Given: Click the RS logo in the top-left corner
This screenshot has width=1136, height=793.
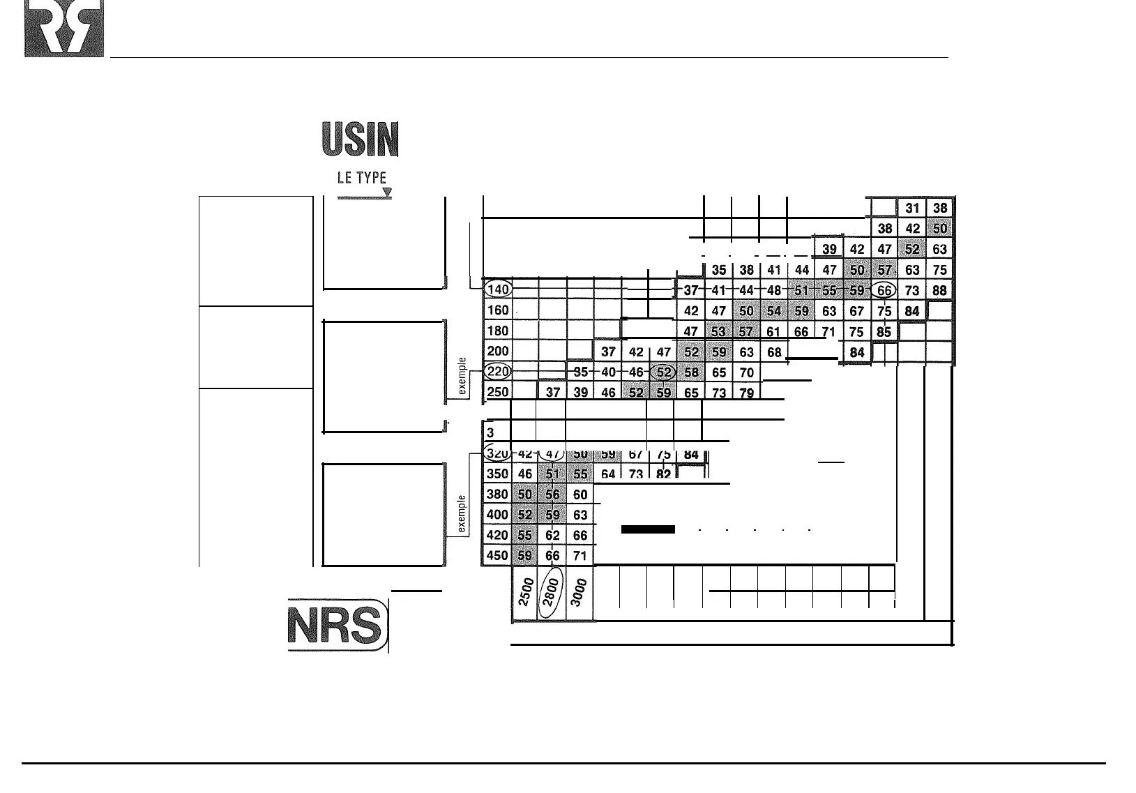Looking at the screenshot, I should tap(64, 29).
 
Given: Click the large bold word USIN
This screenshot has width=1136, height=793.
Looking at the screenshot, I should tap(360, 139).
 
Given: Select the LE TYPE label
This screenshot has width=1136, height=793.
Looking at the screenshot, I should tap(361, 178).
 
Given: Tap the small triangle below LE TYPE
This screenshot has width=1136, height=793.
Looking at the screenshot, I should tap(387, 192).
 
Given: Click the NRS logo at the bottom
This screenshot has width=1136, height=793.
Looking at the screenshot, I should tap(336, 625).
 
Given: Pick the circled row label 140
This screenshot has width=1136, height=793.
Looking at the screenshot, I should tap(498, 289).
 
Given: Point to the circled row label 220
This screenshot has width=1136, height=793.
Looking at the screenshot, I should tap(498, 371).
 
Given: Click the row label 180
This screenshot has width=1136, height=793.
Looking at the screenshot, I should tap(497, 331).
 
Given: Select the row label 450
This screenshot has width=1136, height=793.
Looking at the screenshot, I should tap(497, 556).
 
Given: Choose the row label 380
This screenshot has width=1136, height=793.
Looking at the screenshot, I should tap(497, 494).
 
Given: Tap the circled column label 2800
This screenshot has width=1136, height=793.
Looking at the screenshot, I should tap(552, 595).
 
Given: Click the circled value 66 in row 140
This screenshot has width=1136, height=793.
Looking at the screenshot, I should tap(884, 290).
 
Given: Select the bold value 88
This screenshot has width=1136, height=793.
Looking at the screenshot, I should tap(940, 290).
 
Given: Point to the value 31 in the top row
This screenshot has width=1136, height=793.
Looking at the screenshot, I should tap(912, 208).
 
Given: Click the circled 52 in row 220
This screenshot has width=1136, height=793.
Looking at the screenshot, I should tap(664, 372).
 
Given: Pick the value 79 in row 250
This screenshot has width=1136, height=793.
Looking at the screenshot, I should tap(746, 393).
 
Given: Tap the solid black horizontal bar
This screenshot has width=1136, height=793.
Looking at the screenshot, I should tap(648, 529).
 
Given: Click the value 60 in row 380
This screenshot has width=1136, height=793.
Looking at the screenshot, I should tap(580, 494).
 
